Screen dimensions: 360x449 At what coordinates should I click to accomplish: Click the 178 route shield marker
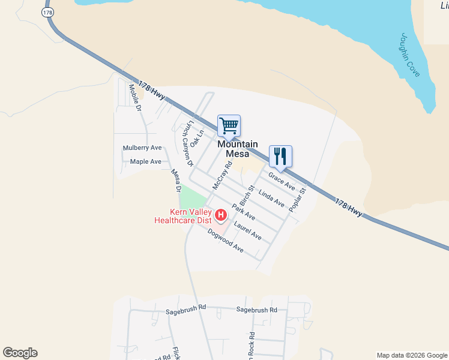pos(47,11)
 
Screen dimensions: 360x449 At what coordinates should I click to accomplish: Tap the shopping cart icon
pos(229,126)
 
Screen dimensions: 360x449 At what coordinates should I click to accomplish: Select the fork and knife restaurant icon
pos(280,157)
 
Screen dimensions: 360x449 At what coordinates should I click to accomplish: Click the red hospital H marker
pos(221,214)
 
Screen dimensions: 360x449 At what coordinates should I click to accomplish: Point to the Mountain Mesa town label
pos(238,148)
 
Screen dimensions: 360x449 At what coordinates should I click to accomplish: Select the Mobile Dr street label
pos(134,98)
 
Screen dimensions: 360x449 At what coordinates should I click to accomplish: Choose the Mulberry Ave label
pos(142,148)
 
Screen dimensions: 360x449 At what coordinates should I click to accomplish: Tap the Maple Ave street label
pos(146,161)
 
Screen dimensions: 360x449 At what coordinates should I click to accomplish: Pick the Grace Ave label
pos(282,180)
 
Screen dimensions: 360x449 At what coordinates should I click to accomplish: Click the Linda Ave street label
pos(271,198)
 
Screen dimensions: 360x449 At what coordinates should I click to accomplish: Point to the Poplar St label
pos(297,199)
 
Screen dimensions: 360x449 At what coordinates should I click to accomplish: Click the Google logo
pos(20,353)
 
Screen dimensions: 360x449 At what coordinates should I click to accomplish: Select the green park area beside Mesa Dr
pos(193,200)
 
